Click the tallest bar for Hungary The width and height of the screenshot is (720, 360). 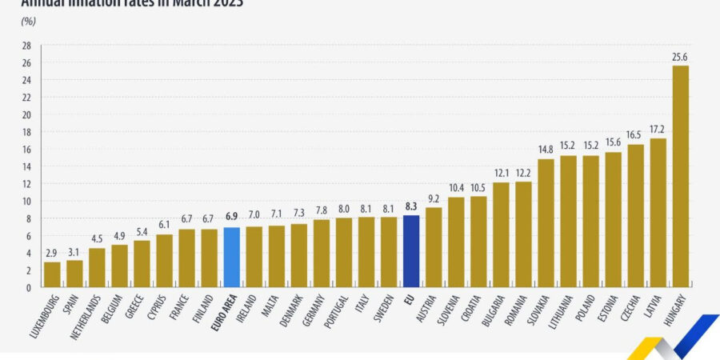click(680, 176)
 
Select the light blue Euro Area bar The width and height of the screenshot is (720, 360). click(232, 258)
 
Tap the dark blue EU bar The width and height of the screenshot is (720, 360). click(411, 251)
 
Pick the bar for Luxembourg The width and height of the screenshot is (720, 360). click(52, 274)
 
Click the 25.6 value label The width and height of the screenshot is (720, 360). click(680, 57)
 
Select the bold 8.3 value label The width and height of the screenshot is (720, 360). click(411, 206)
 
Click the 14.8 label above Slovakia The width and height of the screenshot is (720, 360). click(546, 150)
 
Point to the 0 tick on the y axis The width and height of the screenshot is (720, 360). click(29, 287)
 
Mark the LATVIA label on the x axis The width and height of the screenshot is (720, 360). click(652, 307)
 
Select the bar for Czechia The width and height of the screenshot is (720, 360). click(635, 216)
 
